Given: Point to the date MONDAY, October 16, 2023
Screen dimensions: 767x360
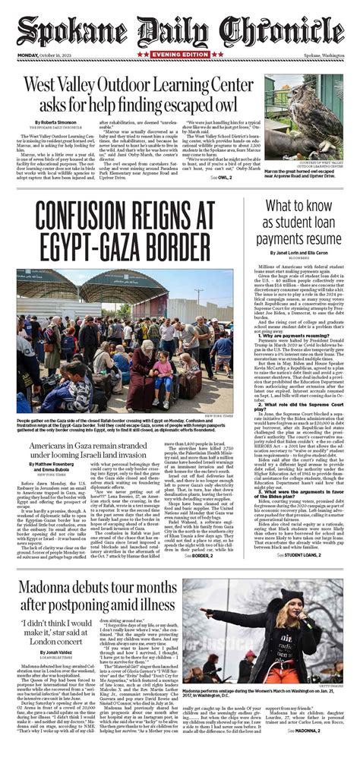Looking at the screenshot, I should [50, 65].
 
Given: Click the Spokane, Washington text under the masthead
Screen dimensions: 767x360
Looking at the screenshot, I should [322, 65].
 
